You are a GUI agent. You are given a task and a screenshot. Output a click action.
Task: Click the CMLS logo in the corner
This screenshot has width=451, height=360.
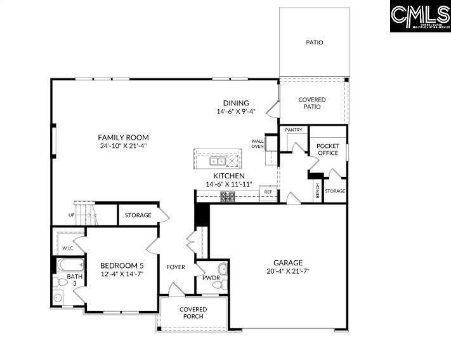420,16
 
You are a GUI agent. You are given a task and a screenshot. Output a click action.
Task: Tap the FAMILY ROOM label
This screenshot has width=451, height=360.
123,137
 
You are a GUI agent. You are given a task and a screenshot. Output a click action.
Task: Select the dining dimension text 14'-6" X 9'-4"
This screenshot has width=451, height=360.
235,112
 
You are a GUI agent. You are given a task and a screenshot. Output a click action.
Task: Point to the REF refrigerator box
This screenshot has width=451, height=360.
268,191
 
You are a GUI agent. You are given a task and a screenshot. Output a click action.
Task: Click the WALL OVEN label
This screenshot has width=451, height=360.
257,143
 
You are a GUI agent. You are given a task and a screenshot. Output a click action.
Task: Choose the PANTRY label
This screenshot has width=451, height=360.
293,130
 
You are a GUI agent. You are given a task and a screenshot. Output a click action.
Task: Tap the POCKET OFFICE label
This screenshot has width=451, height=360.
328,150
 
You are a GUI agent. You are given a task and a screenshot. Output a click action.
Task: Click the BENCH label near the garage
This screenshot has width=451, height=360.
317,190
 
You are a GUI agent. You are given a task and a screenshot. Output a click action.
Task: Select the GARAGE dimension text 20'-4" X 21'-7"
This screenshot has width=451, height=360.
287,271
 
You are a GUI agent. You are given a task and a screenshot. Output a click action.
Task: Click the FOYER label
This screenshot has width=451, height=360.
176,267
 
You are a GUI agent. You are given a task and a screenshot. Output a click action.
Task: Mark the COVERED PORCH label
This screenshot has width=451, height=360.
193,313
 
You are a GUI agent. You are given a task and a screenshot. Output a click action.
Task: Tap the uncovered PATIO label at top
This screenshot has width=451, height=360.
315,43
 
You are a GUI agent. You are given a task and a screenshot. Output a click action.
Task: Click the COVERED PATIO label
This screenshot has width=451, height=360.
312,103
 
